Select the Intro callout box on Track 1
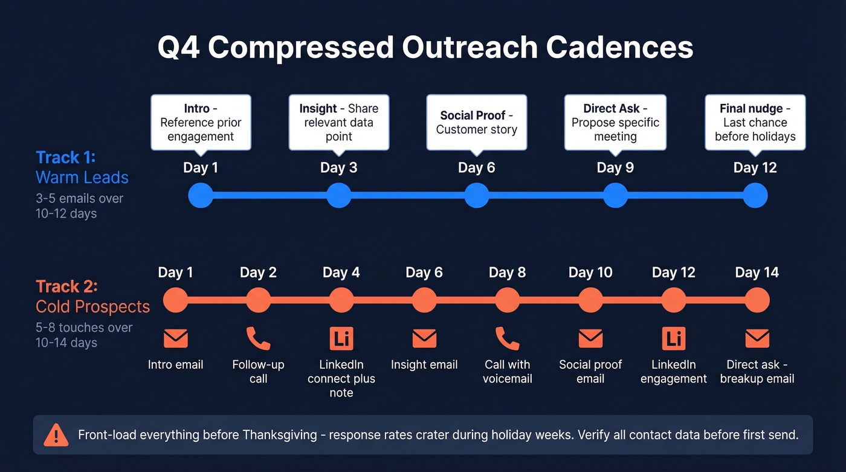point(201,122)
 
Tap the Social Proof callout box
point(476,122)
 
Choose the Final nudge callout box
point(755,122)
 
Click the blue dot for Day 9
point(615,195)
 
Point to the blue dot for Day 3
point(338,195)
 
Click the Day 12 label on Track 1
point(755,167)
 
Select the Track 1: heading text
point(66,158)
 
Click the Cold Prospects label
point(92,306)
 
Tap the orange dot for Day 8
point(507,300)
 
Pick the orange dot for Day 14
point(757,300)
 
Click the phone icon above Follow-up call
point(258,338)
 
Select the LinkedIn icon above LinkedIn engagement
point(673,338)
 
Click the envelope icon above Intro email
point(175,338)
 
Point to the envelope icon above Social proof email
point(590,338)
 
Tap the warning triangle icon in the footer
point(56,435)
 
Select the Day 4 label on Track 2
point(341,273)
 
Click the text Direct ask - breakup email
point(757,372)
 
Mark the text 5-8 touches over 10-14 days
point(83,335)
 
